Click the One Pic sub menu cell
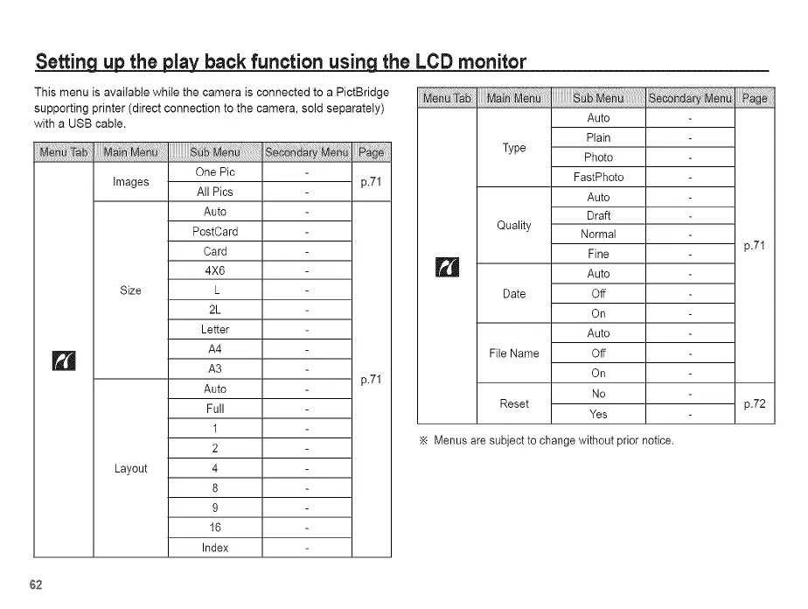[215, 172]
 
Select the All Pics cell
[215, 192]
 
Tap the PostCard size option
[215, 232]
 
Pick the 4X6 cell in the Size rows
[215, 270]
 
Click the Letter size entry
[215, 330]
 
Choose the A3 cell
[215, 369]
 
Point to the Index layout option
[215, 548]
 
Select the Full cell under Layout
[215, 409]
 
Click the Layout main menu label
[130, 468]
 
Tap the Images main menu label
[130, 182]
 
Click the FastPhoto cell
[598, 177]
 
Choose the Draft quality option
[598, 215]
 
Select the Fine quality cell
[598, 254]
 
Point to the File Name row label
[513, 353]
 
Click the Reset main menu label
[513, 403]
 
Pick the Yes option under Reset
[598, 414]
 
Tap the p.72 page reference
[755, 403]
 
